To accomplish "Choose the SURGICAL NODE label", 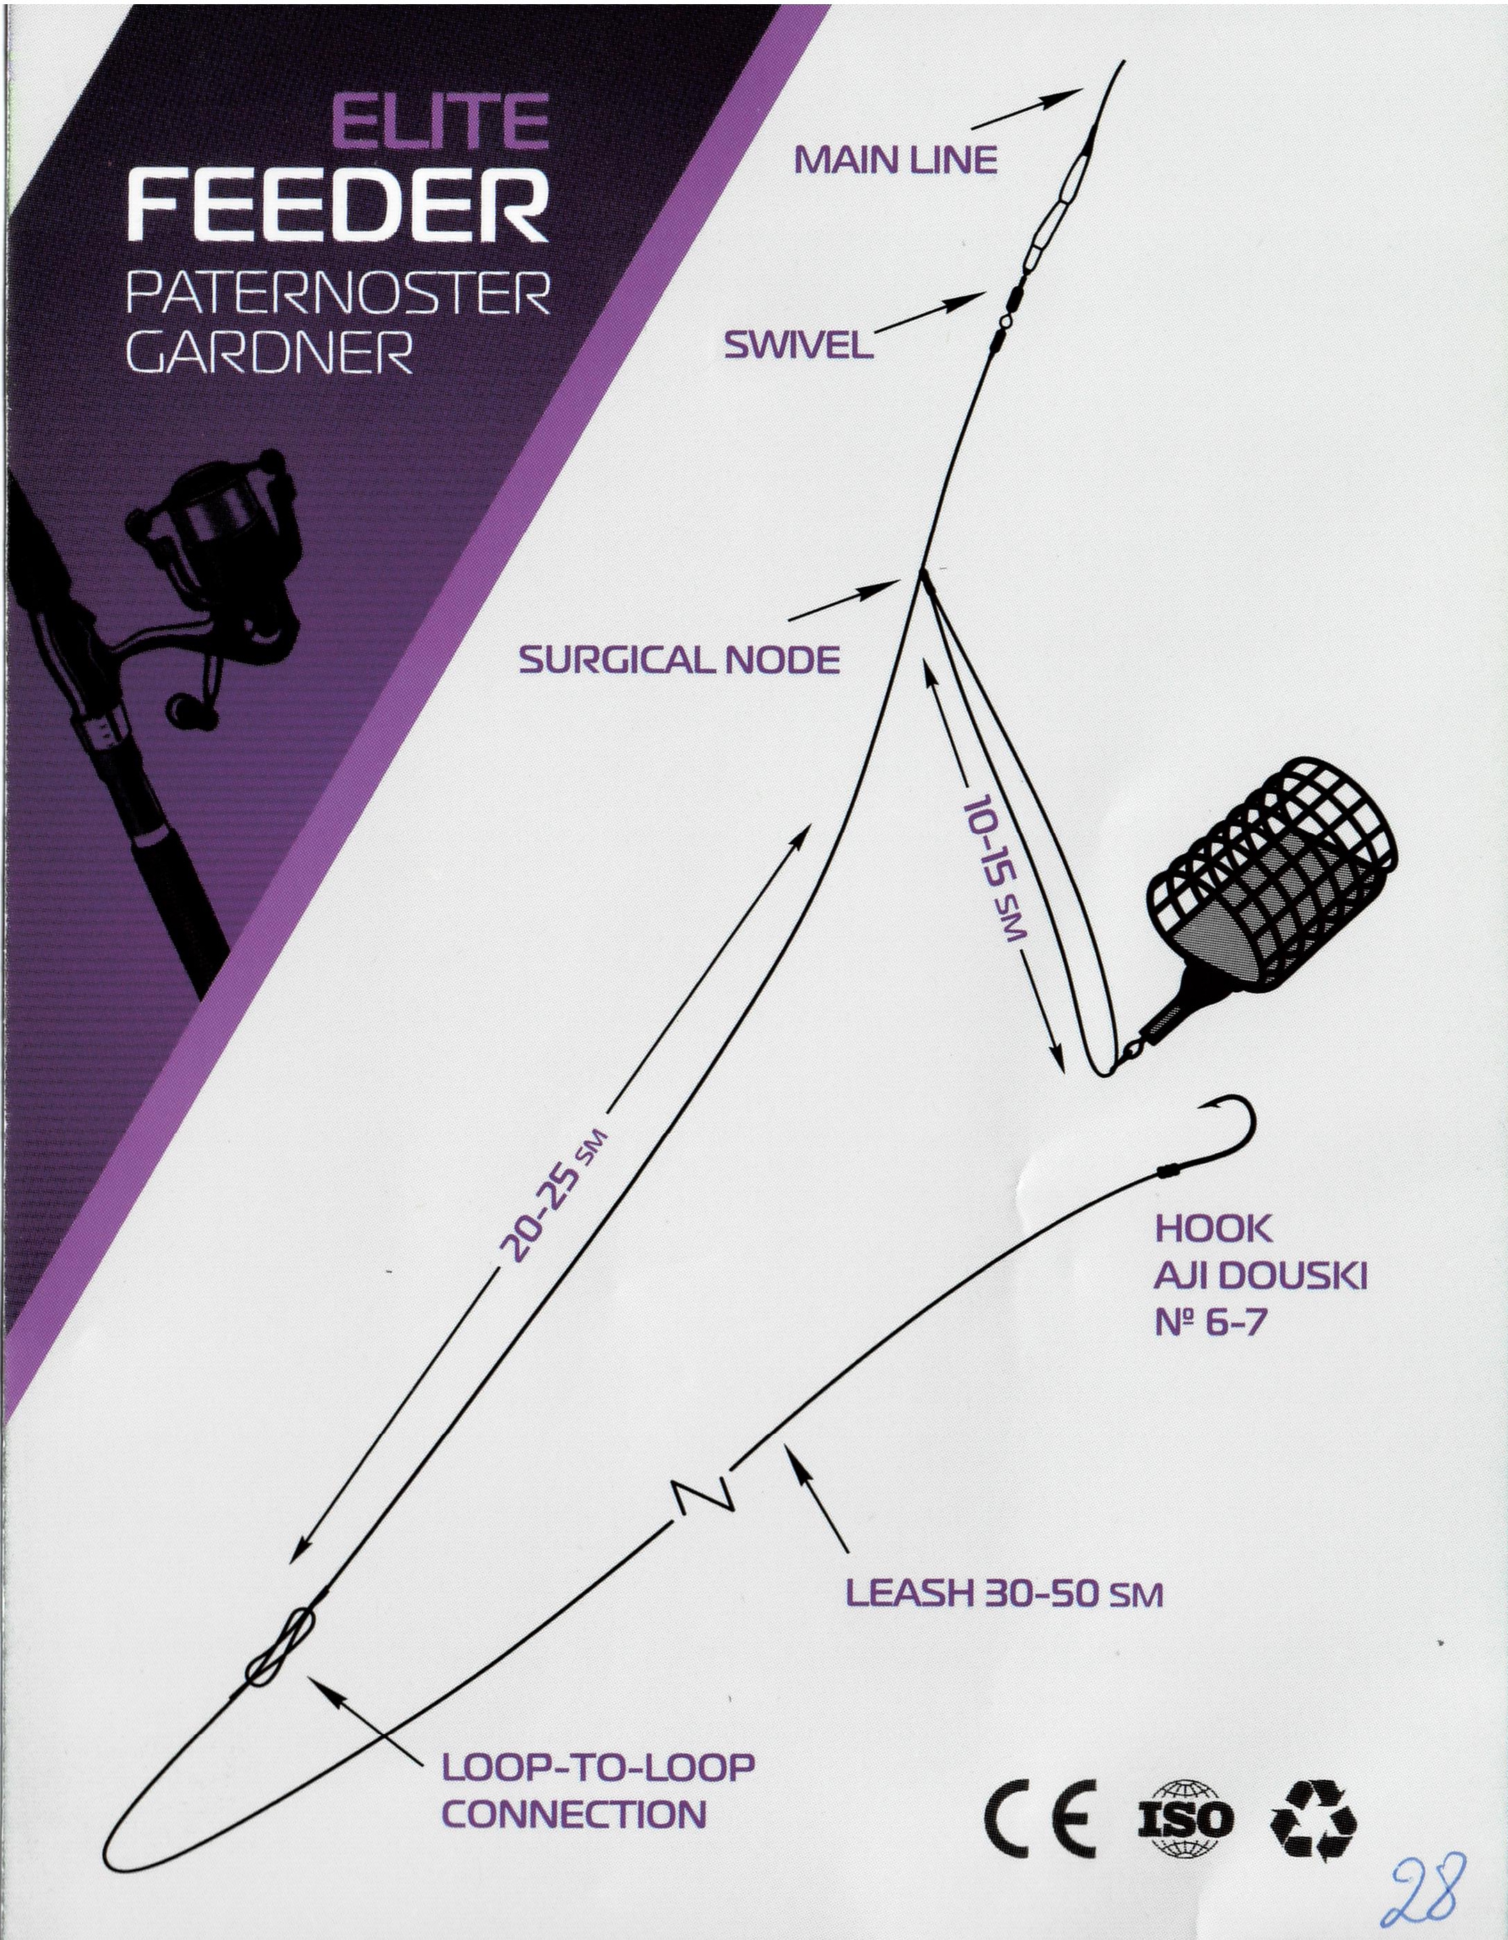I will tap(679, 660).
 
